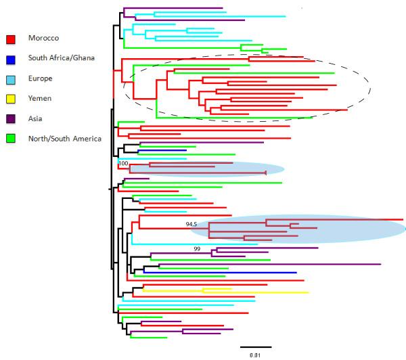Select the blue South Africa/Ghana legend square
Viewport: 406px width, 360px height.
coord(11,59)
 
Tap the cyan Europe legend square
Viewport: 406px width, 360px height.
coord(11,79)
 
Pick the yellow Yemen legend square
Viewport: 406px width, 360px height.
coord(11,99)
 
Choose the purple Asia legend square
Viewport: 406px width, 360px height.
coord(11,120)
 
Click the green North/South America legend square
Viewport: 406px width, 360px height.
coord(11,139)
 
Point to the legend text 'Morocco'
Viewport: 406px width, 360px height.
coord(42,37)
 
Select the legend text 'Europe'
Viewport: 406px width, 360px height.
coord(39,78)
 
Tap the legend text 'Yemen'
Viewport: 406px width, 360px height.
coord(39,98)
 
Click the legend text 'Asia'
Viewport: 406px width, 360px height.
coord(35,118)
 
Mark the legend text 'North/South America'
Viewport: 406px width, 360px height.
coord(64,139)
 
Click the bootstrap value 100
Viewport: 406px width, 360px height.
coord(123,163)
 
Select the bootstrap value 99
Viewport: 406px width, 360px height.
coord(197,249)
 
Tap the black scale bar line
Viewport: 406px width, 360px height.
coord(256,346)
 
